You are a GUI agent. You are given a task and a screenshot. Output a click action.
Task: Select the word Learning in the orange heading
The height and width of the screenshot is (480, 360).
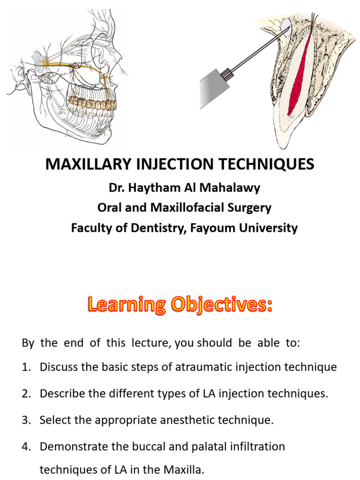(x=126, y=306)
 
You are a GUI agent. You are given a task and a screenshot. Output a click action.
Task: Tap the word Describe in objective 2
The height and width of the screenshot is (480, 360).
(x=59, y=394)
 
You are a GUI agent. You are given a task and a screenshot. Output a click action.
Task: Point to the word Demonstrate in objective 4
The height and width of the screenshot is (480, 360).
(x=70, y=447)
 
